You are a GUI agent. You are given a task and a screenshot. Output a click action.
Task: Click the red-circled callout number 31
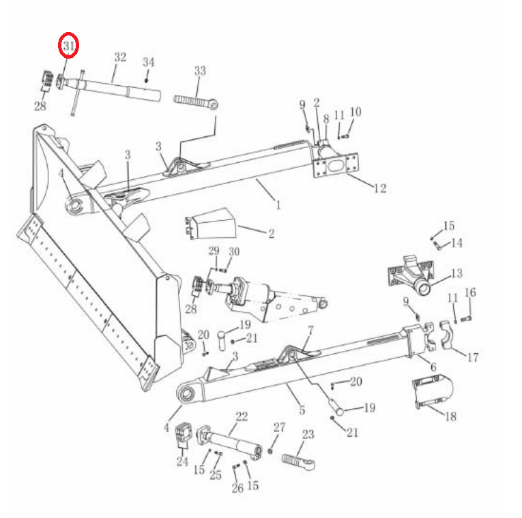coord(69,46)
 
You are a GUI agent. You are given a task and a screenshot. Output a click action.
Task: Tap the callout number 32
coord(120,57)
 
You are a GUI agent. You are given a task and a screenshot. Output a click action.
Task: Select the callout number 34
coord(149,62)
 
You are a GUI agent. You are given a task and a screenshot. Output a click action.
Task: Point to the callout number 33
coord(200,71)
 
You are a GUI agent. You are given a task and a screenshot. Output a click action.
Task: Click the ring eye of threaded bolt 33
coord(214,106)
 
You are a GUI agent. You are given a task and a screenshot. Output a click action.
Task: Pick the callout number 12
coord(380,189)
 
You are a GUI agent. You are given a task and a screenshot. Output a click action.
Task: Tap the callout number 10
coord(356,112)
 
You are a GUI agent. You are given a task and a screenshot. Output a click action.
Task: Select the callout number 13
coord(456,273)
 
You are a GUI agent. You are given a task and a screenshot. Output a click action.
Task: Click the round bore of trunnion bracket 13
coord(424,288)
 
